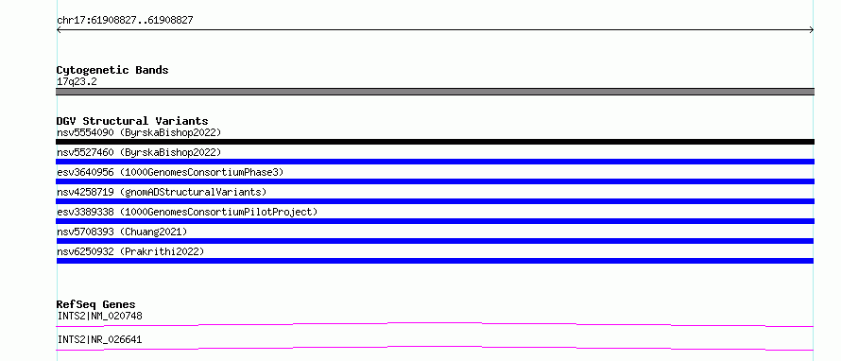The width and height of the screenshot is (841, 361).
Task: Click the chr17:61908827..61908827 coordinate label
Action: click(x=125, y=21)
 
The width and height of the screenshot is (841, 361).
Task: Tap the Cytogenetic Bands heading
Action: click(x=112, y=70)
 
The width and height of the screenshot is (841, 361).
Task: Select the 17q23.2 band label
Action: click(x=77, y=82)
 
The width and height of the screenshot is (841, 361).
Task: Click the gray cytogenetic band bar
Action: click(x=435, y=92)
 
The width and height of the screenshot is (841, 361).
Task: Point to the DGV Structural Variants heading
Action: click(x=132, y=121)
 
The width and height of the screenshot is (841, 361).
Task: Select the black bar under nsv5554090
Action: click(x=435, y=142)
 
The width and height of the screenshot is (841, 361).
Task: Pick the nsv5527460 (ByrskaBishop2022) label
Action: click(x=139, y=152)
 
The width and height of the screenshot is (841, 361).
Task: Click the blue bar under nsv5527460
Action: click(x=435, y=162)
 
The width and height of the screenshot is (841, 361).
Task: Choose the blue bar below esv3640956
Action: click(x=435, y=181)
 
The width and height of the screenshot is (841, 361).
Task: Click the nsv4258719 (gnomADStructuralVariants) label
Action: click(x=162, y=192)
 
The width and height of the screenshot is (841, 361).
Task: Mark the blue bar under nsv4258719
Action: click(x=435, y=201)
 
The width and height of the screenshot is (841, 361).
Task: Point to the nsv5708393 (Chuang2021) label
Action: click(x=122, y=232)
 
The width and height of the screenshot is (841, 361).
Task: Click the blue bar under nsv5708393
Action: click(x=435, y=241)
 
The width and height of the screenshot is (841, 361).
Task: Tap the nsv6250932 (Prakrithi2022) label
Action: click(x=130, y=251)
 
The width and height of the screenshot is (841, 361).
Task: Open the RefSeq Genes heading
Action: click(x=96, y=304)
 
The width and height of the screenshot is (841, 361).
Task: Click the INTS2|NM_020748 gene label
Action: click(x=100, y=316)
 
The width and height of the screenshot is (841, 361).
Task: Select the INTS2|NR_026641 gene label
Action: click(x=100, y=339)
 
